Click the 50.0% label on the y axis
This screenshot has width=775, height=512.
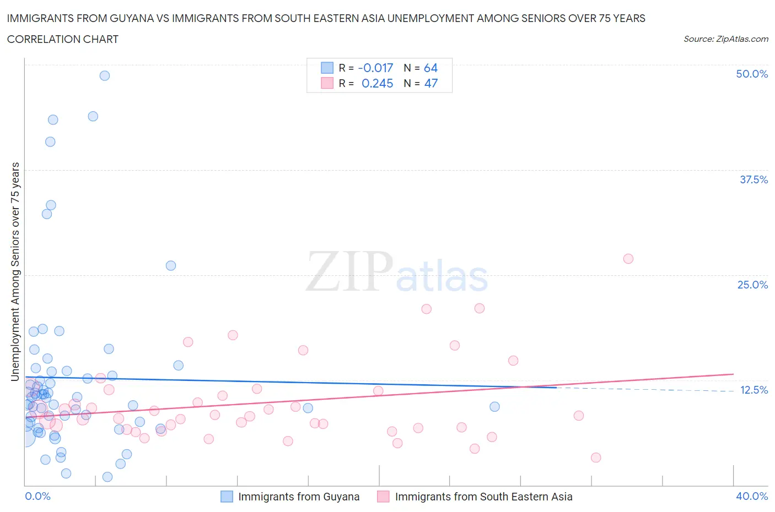752,74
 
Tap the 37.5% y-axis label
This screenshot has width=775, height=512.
754,179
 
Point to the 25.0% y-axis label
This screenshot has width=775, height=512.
752,285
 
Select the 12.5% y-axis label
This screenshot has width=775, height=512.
754,390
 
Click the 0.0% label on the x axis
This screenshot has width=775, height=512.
37,496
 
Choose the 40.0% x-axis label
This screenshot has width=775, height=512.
752,496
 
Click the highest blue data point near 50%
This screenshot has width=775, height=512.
105,75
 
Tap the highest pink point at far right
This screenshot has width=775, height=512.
628,259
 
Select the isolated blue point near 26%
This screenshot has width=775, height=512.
171,265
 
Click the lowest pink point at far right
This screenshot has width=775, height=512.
596,457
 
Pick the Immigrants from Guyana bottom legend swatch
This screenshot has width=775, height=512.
227,497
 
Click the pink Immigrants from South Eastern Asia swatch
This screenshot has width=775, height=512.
383,497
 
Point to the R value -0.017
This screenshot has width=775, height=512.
375,68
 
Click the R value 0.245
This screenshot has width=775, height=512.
377,83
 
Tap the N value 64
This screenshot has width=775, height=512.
430,68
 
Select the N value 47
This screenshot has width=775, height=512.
430,83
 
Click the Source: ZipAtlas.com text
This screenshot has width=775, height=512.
725,39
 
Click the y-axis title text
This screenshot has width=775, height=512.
15,271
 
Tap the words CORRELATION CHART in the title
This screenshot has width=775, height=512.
63,39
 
